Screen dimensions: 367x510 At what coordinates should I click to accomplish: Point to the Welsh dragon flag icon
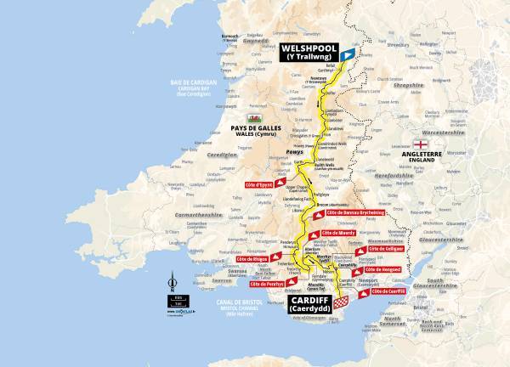[x=252, y=118]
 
